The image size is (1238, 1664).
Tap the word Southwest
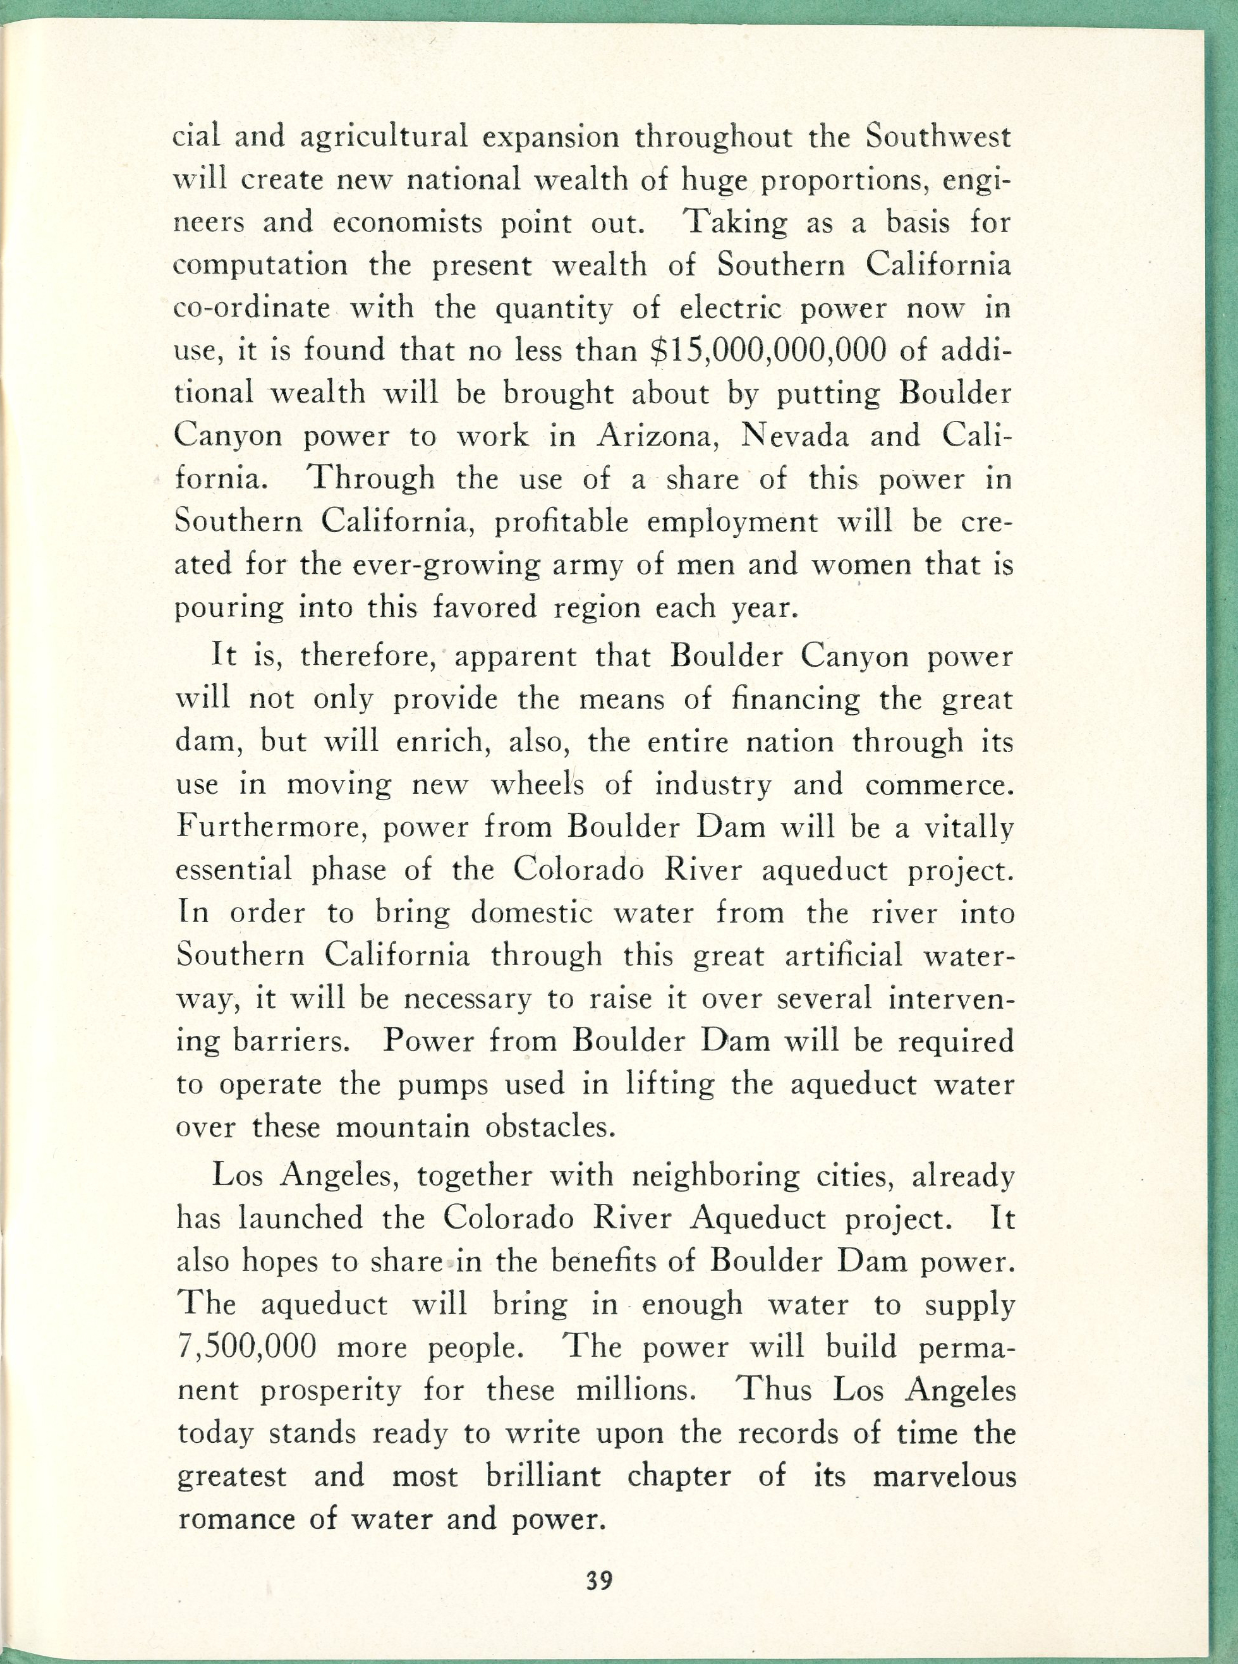tap(937, 137)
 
